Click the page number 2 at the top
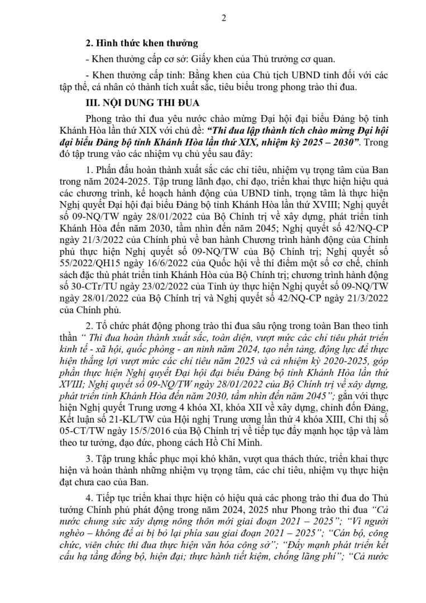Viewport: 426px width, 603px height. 224,18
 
